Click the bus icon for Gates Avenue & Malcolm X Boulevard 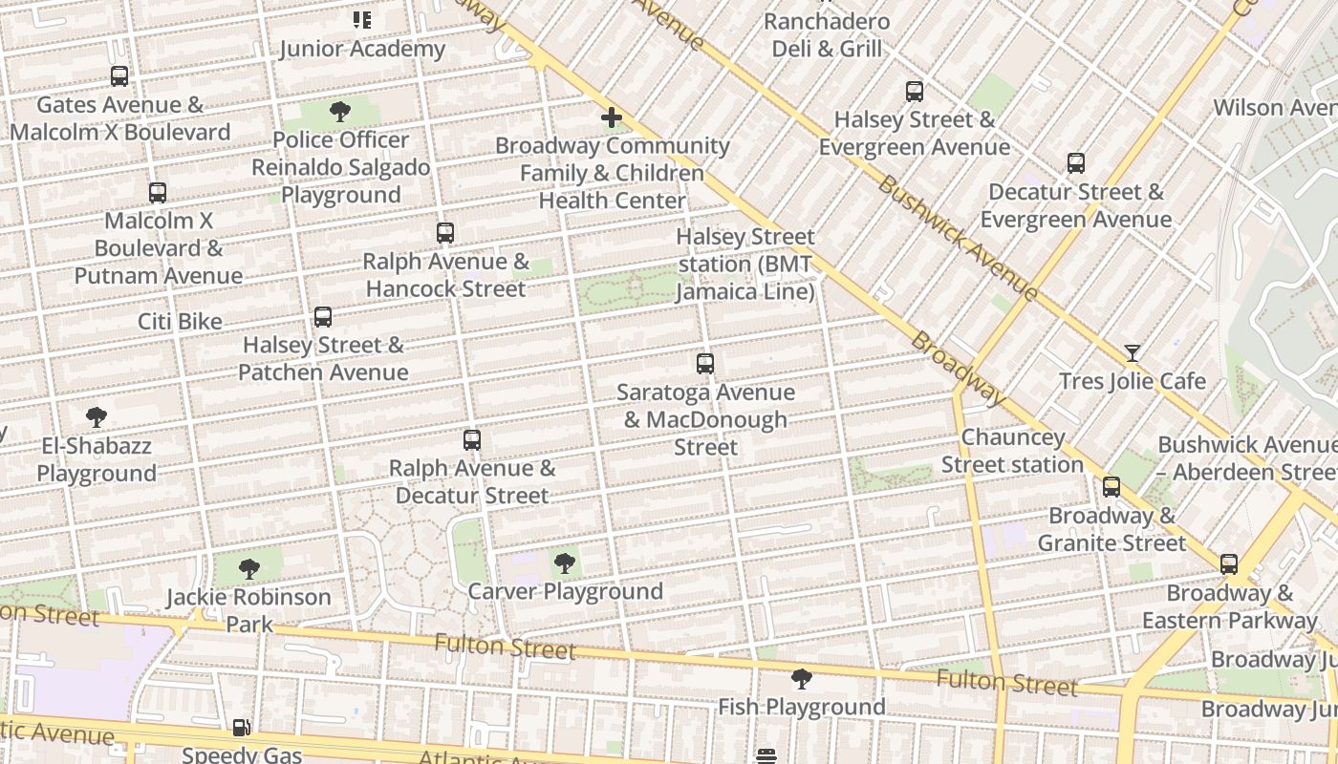tap(119, 76)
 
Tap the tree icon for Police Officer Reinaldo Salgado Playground tap(339, 113)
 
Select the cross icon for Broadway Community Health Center tap(612, 118)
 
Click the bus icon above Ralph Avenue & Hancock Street tap(444, 232)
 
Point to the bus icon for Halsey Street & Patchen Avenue tap(323, 317)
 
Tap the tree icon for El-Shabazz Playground tap(96, 417)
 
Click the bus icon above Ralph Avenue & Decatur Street tap(471, 440)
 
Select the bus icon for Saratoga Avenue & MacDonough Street tap(705, 364)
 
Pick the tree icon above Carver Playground tap(565, 563)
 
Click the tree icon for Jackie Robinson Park tap(248, 570)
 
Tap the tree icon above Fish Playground tap(802, 679)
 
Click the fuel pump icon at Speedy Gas tap(241, 728)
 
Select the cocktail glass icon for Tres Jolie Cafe tap(1133, 353)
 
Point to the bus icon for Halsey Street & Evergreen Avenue tap(915, 92)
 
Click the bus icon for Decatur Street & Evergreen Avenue tap(1076, 163)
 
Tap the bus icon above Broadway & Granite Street tap(1111, 487)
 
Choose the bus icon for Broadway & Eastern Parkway tap(1229, 564)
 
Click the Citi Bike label tap(180, 322)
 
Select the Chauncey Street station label tap(1012, 451)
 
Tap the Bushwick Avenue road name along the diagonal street tap(957, 238)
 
